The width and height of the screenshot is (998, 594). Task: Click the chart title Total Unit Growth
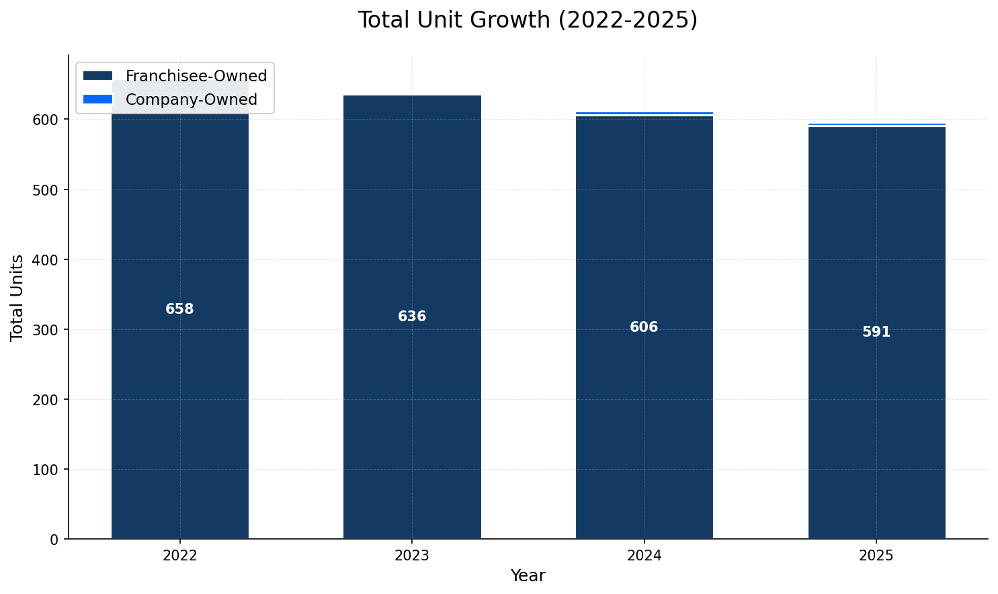click(x=528, y=20)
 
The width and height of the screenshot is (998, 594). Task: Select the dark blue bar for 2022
click(x=179, y=403)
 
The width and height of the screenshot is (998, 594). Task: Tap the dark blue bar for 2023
click(x=412, y=403)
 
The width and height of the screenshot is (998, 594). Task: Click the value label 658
click(x=179, y=309)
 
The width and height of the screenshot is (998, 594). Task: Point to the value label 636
click(x=412, y=316)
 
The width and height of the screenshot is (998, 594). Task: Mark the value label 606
click(x=644, y=327)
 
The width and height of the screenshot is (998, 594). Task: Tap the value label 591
click(x=876, y=332)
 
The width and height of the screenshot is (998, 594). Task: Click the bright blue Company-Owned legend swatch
click(x=97, y=99)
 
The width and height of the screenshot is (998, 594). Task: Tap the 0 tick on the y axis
click(x=54, y=539)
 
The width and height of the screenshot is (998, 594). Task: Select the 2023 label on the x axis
click(x=412, y=556)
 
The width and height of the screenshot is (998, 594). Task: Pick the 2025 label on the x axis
click(x=876, y=556)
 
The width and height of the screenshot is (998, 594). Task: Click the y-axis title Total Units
click(x=17, y=297)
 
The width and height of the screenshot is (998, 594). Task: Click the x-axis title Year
click(x=528, y=576)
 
